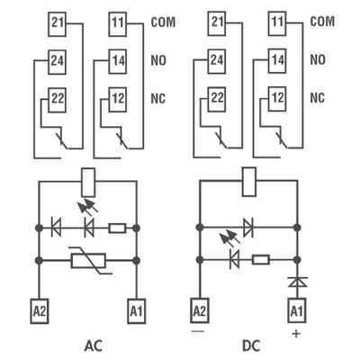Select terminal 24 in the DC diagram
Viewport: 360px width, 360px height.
(216, 60)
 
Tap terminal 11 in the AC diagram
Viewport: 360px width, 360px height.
(117, 21)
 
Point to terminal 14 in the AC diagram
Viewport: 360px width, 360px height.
(117, 60)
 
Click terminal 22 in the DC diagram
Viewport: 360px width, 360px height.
(216, 97)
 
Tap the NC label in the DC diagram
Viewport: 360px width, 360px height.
(317, 97)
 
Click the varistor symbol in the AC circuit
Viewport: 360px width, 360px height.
(87, 261)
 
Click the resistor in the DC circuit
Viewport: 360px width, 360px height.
(260, 260)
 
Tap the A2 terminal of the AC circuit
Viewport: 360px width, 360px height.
(40, 310)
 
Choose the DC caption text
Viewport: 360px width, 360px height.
(250, 346)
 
